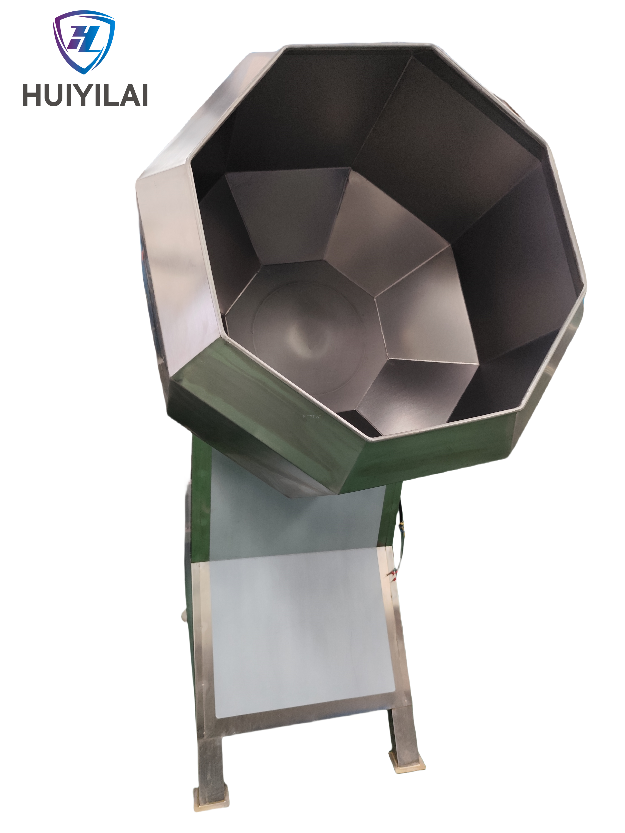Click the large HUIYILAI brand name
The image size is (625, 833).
pyautogui.click(x=85, y=95)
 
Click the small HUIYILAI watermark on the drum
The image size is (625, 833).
pyautogui.click(x=312, y=417)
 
